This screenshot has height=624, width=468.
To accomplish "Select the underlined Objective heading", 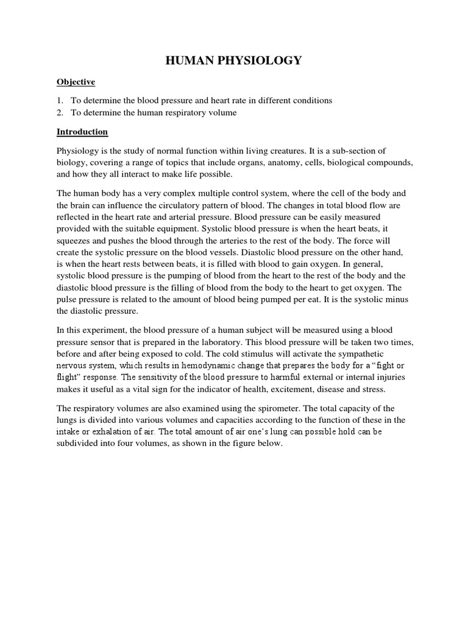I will tap(76, 82).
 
